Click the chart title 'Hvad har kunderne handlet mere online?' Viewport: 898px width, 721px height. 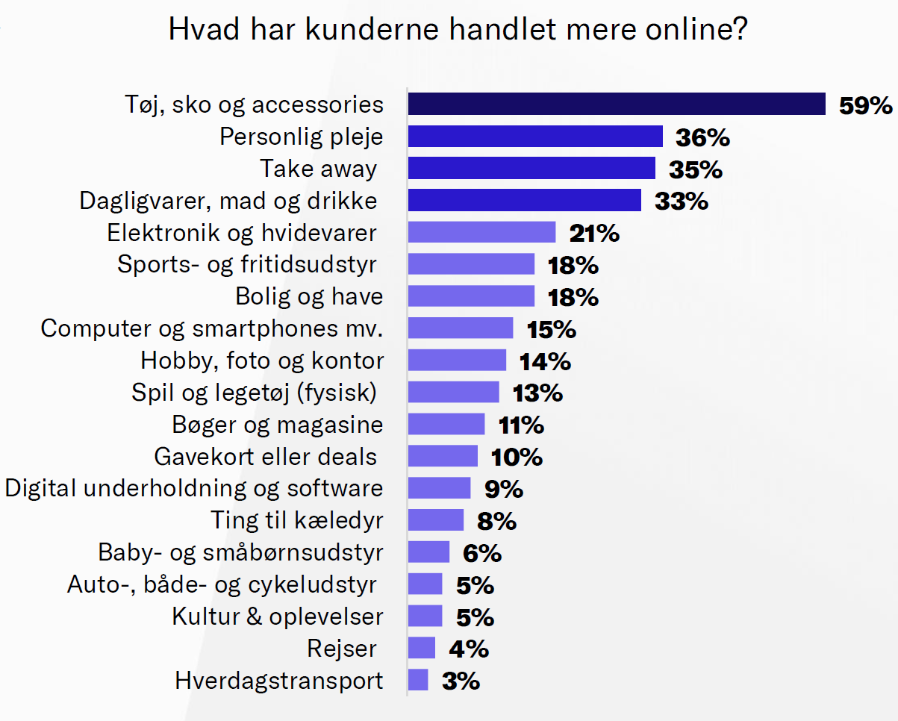tap(458, 31)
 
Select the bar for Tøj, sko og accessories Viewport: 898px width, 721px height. tap(617, 104)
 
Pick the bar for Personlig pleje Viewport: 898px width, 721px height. tap(535, 137)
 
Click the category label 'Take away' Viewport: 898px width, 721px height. tap(318, 169)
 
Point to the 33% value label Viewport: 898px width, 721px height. tap(681, 201)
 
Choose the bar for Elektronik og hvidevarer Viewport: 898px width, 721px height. tap(481, 233)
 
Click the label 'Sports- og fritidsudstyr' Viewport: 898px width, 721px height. tap(247, 264)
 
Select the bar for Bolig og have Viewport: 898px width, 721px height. tap(471, 296)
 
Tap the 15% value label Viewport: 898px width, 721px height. tap(552, 329)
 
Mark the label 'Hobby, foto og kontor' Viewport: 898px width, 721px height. tap(262, 360)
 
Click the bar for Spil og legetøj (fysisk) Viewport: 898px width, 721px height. tap(453, 393)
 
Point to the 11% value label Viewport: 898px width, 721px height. tap(521, 425)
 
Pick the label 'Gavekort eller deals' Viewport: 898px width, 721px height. tap(265, 456)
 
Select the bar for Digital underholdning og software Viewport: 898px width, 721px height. tap(439, 488)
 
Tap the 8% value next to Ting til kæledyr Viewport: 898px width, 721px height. tap(496, 521)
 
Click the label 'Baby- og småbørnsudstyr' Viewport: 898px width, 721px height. tap(240, 552)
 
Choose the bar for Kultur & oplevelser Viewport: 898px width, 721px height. tap(425, 617)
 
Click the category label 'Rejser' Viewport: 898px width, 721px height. tap(342, 649)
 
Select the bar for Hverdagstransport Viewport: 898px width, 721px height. tap(418, 680)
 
